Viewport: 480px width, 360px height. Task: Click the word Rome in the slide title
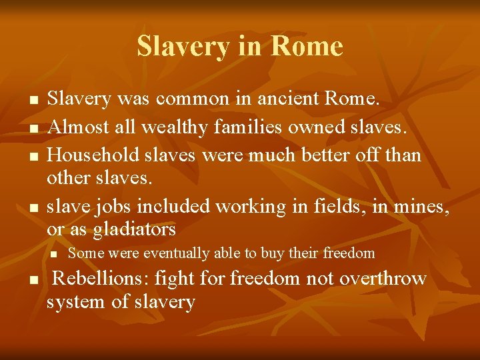(x=307, y=46)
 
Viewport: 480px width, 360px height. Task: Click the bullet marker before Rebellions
(x=32, y=279)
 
